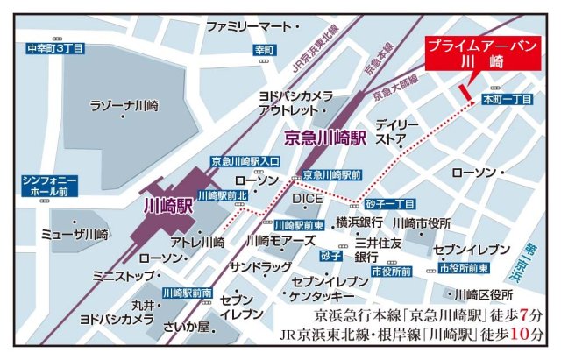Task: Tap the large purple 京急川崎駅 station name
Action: (330, 137)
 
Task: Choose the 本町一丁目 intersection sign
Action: (508, 101)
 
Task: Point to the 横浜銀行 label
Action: (358, 222)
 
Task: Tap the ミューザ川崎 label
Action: (75, 235)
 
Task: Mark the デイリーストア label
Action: (397, 131)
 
